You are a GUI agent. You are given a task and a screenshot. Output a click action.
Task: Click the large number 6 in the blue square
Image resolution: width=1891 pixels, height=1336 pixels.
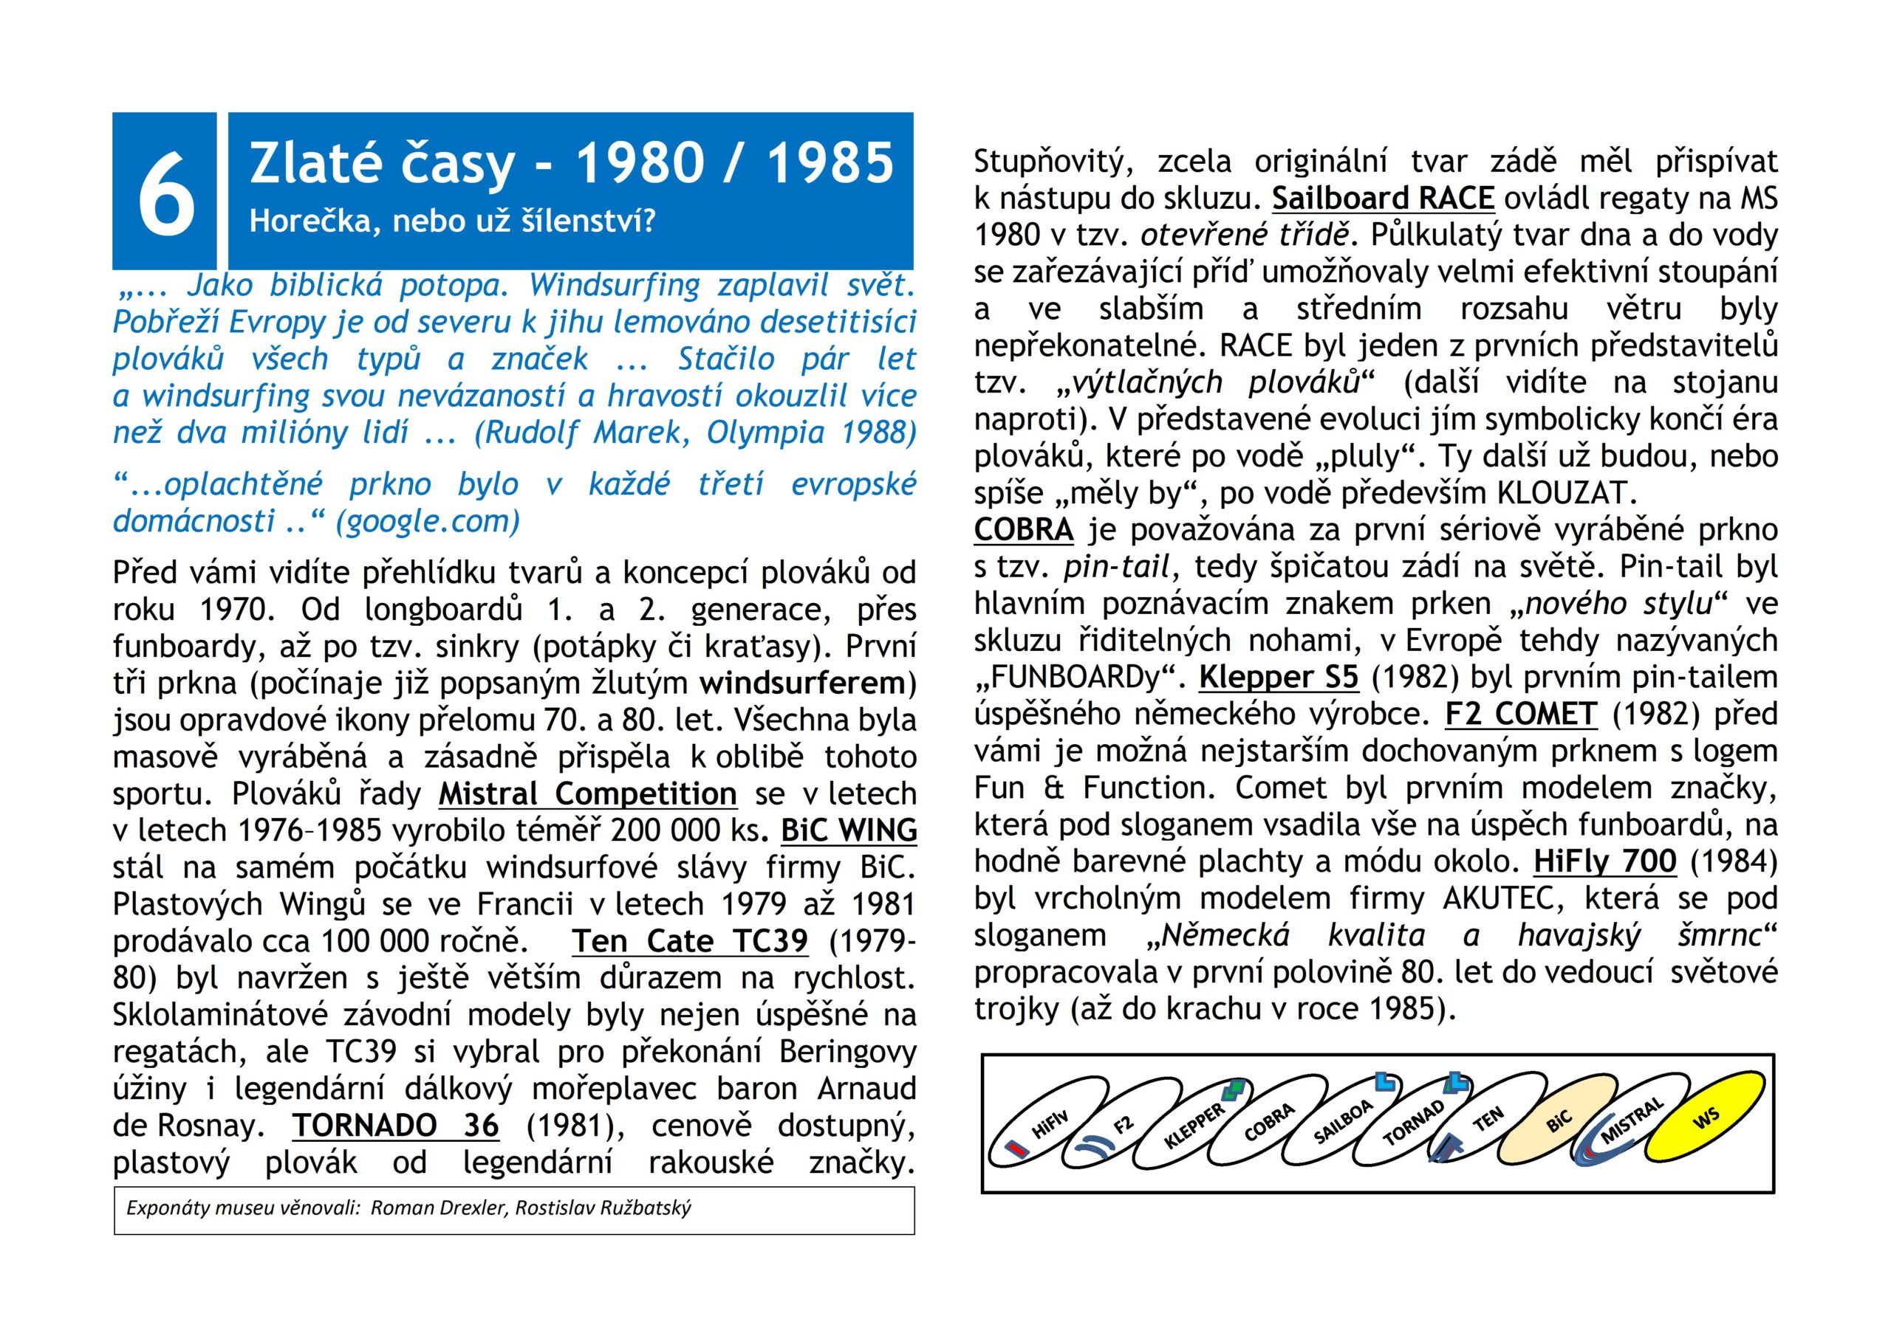tap(165, 191)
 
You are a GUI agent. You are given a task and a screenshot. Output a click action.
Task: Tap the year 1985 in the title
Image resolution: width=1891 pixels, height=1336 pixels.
tap(830, 163)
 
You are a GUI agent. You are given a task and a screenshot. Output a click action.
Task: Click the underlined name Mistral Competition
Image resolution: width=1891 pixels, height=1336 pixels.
tap(587, 793)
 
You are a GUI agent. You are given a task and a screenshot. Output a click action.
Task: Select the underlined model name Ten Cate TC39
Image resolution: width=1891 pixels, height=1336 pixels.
tap(690, 940)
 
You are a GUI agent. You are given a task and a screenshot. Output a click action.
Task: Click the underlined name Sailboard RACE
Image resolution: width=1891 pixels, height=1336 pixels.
tap(1383, 199)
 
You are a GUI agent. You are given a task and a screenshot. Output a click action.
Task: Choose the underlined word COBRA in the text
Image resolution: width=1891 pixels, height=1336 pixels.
tap(1024, 529)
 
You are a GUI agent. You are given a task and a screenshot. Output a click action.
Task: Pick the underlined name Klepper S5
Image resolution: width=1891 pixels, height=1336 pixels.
tap(1278, 677)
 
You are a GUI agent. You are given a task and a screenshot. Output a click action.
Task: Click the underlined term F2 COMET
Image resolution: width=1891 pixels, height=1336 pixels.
tap(1521, 714)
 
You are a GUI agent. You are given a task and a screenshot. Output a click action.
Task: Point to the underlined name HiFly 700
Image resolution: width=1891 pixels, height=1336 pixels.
tap(1604, 861)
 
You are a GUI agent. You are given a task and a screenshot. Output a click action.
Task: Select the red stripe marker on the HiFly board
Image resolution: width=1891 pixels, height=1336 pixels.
tap(1017, 1146)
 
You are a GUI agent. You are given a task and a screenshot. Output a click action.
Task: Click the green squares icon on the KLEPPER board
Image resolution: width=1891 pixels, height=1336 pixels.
tap(1233, 1092)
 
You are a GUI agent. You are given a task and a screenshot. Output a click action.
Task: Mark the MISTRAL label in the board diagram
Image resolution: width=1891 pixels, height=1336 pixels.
tap(1631, 1121)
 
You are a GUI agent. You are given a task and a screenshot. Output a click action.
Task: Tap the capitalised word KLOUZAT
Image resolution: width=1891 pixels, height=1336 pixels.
tap(1561, 493)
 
